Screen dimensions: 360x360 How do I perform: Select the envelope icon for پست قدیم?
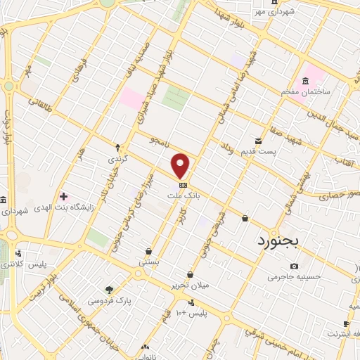pos(259,141)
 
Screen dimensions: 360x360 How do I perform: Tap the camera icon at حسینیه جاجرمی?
pos(294,266)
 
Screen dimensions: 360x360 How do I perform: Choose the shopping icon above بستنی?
pos(149,251)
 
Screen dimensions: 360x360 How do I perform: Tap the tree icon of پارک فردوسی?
pos(109,289)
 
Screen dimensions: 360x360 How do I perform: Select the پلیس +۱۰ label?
pos(192,312)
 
